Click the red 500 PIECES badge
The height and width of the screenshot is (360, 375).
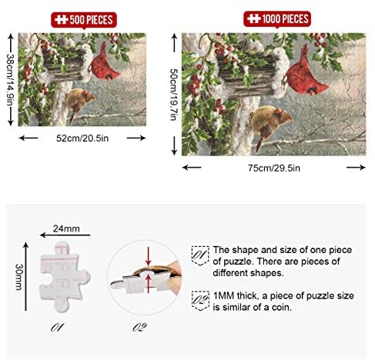[84, 20]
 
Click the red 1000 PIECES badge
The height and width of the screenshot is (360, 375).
[277, 19]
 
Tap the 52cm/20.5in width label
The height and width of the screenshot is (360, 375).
[82, 138]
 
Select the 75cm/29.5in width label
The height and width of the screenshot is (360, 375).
[274, 168]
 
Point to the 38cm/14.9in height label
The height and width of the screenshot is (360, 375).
[10, 79]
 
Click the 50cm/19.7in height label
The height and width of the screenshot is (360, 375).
[174, 95]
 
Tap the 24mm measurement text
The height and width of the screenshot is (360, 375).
[66, 228]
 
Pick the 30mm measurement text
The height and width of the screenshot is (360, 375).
[18, 277]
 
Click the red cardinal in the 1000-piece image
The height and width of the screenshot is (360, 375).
[305, 75]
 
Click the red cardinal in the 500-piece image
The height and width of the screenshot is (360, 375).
[104, 64]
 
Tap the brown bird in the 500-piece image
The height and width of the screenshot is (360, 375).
[79, 102]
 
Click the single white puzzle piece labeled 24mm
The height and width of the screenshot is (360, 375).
[65, 276]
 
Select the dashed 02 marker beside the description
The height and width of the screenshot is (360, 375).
[200, 301]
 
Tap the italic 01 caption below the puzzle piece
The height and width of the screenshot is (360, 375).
[57, 328]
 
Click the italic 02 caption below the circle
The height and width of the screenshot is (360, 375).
[140, 328]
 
